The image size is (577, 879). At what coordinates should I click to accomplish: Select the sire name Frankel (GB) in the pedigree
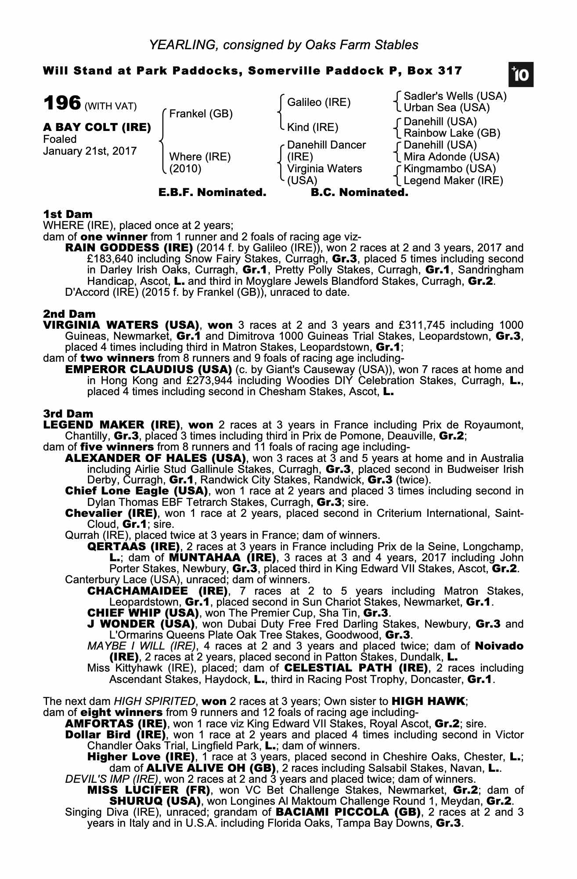[201, 114]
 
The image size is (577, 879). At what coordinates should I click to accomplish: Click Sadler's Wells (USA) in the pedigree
[455, 96]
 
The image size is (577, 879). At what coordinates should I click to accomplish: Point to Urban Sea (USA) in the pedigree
[447, 108]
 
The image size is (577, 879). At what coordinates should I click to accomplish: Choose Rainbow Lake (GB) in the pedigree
[452, 133]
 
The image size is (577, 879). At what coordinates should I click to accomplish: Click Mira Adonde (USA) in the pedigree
[451, 157]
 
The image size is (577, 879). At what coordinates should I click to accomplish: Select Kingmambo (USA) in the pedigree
[450, 169]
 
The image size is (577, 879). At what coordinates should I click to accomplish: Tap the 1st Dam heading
[68, 214]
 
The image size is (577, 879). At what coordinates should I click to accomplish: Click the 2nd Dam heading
[69, 314]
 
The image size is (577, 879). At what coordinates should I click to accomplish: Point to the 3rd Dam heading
[68, 414]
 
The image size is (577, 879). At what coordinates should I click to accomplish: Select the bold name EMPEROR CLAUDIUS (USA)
[148, 370]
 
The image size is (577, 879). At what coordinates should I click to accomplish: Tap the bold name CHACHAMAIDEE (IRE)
[157, 591]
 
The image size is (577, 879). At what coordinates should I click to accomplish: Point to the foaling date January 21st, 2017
[90, 151]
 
